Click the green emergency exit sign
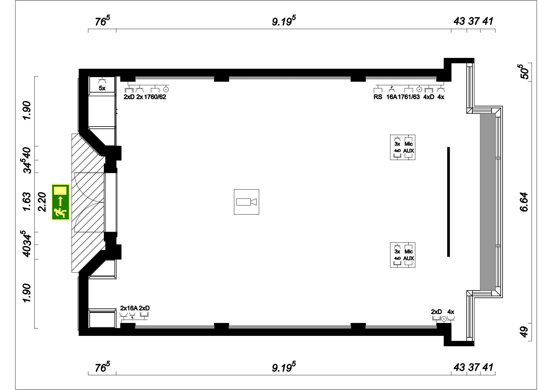tap(60, 202)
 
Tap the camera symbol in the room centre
tap(246, 202)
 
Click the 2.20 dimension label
tap(42, 202)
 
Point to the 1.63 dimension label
tap(27, 202)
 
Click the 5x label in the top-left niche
tap(102, 88)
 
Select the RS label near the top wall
tap(378, 97)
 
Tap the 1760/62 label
tap(155, 97)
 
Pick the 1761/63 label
tap(408, 97)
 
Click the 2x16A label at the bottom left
tap(129, 308)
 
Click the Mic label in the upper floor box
tap(408, 144)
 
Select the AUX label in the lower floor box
tap(408, 258)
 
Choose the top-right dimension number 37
tap(473, 21)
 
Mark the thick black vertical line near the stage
tap(448, 202)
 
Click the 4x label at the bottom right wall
tap(451, 312)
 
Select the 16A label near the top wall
tap(391, 97)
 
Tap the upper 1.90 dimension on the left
tap(27, 110)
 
